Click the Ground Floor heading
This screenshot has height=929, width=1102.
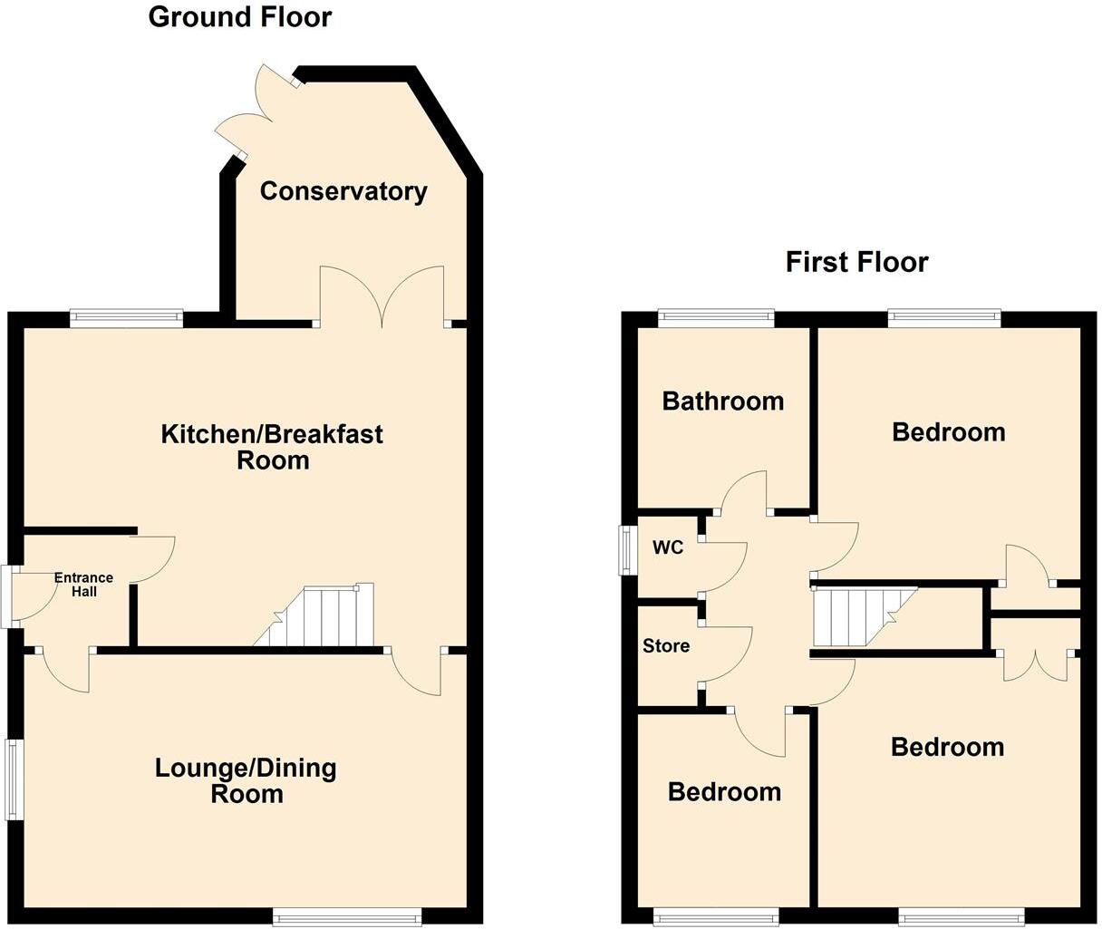coord(240,16)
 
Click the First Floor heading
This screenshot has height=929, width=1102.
coord(856,263)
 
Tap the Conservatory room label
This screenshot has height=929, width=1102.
coord(343,191)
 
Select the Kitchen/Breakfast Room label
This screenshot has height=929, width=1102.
coord(272,447)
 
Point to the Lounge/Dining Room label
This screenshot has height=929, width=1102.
coord(246,781)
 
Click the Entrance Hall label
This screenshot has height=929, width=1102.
coord(83,585)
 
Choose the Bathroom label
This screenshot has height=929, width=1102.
coord(723,401)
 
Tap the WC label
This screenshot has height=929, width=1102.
coord(667,548)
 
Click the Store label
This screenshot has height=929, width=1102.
coord(666,646)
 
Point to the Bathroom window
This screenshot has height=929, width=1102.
coord(716,317)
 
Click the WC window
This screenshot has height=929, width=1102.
coord(626,550)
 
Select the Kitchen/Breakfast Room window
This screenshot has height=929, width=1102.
coord(127,317)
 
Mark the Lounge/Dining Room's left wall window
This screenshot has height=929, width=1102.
coord(14,780)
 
